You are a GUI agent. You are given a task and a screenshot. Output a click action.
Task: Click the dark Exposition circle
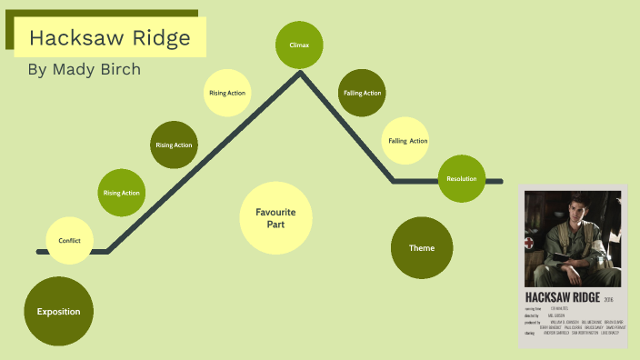pos(58,312)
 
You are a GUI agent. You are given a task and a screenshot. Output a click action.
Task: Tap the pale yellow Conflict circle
pos(70,240)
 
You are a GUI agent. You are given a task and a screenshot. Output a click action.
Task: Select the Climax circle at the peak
pos(299,44)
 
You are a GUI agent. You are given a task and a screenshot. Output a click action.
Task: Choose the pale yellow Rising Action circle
pos(227,93)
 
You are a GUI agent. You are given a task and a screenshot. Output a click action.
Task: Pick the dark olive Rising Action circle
pos(174,145)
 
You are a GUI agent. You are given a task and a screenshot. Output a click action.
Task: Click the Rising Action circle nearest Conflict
pos(122,193)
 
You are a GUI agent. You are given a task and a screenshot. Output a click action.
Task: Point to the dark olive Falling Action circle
pos(362,93)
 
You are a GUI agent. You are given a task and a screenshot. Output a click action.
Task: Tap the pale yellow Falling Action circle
pos(407,141)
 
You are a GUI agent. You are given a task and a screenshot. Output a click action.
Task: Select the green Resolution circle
pos(462,179)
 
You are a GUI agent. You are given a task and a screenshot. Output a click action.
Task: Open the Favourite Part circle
pos(275,217)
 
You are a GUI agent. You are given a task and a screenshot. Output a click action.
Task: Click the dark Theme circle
pos(422,248)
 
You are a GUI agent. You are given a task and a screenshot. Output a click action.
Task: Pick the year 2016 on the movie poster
pos(609,298)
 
